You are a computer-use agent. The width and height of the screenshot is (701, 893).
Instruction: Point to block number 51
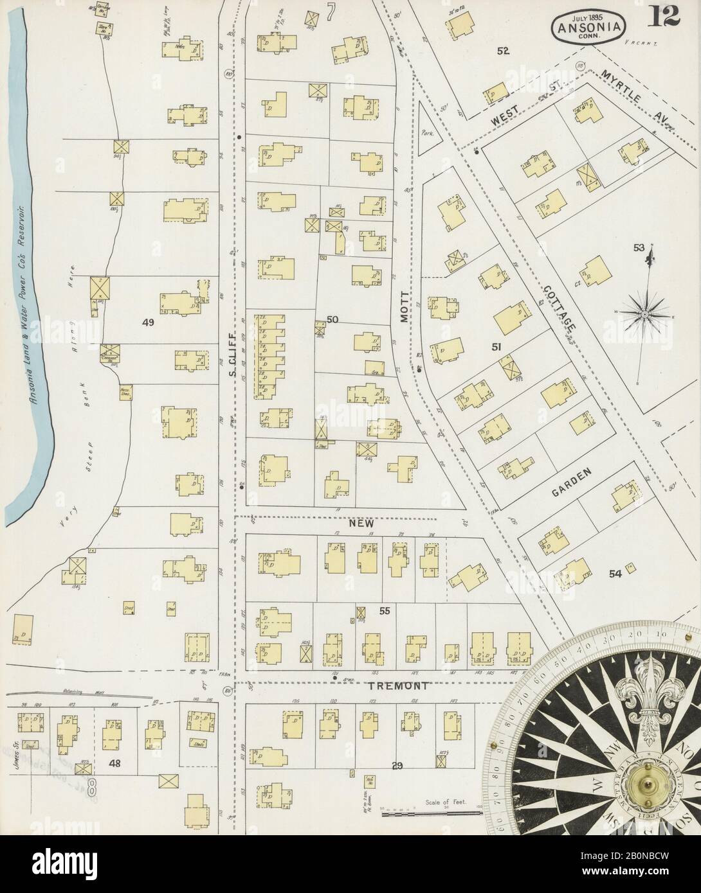(496, 347)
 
